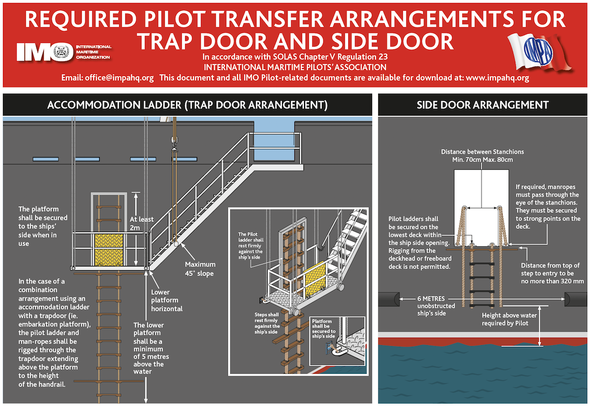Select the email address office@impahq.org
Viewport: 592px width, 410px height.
click(119, 78)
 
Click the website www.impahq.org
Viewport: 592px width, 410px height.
click(498, 78)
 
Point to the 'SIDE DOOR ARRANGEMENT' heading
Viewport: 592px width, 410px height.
click(483, 105)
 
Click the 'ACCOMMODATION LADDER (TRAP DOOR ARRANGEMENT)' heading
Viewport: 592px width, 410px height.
click(187, 105)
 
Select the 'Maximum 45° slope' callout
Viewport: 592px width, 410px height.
click(199, 269)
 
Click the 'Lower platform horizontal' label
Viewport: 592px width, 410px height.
click(167, 301)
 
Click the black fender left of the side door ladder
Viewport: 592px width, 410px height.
click(388, 299)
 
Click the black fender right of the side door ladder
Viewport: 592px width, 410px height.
click(575, 299)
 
